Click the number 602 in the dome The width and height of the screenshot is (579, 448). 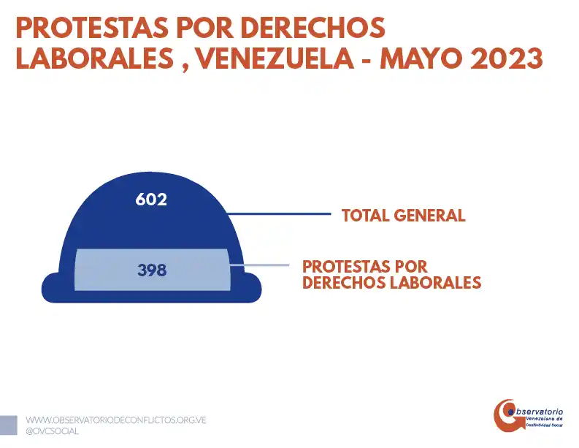click(151, 199)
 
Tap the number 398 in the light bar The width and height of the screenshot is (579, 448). click(152, 270)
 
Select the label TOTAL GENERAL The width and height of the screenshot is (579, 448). click(403, 216)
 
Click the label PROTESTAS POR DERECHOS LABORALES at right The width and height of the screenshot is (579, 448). click(391, 274)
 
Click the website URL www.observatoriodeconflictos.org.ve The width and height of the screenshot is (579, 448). click(116, 420)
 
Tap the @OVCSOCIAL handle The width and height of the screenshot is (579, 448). click(53, 431)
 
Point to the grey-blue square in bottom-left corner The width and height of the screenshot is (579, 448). click(8, 425)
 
